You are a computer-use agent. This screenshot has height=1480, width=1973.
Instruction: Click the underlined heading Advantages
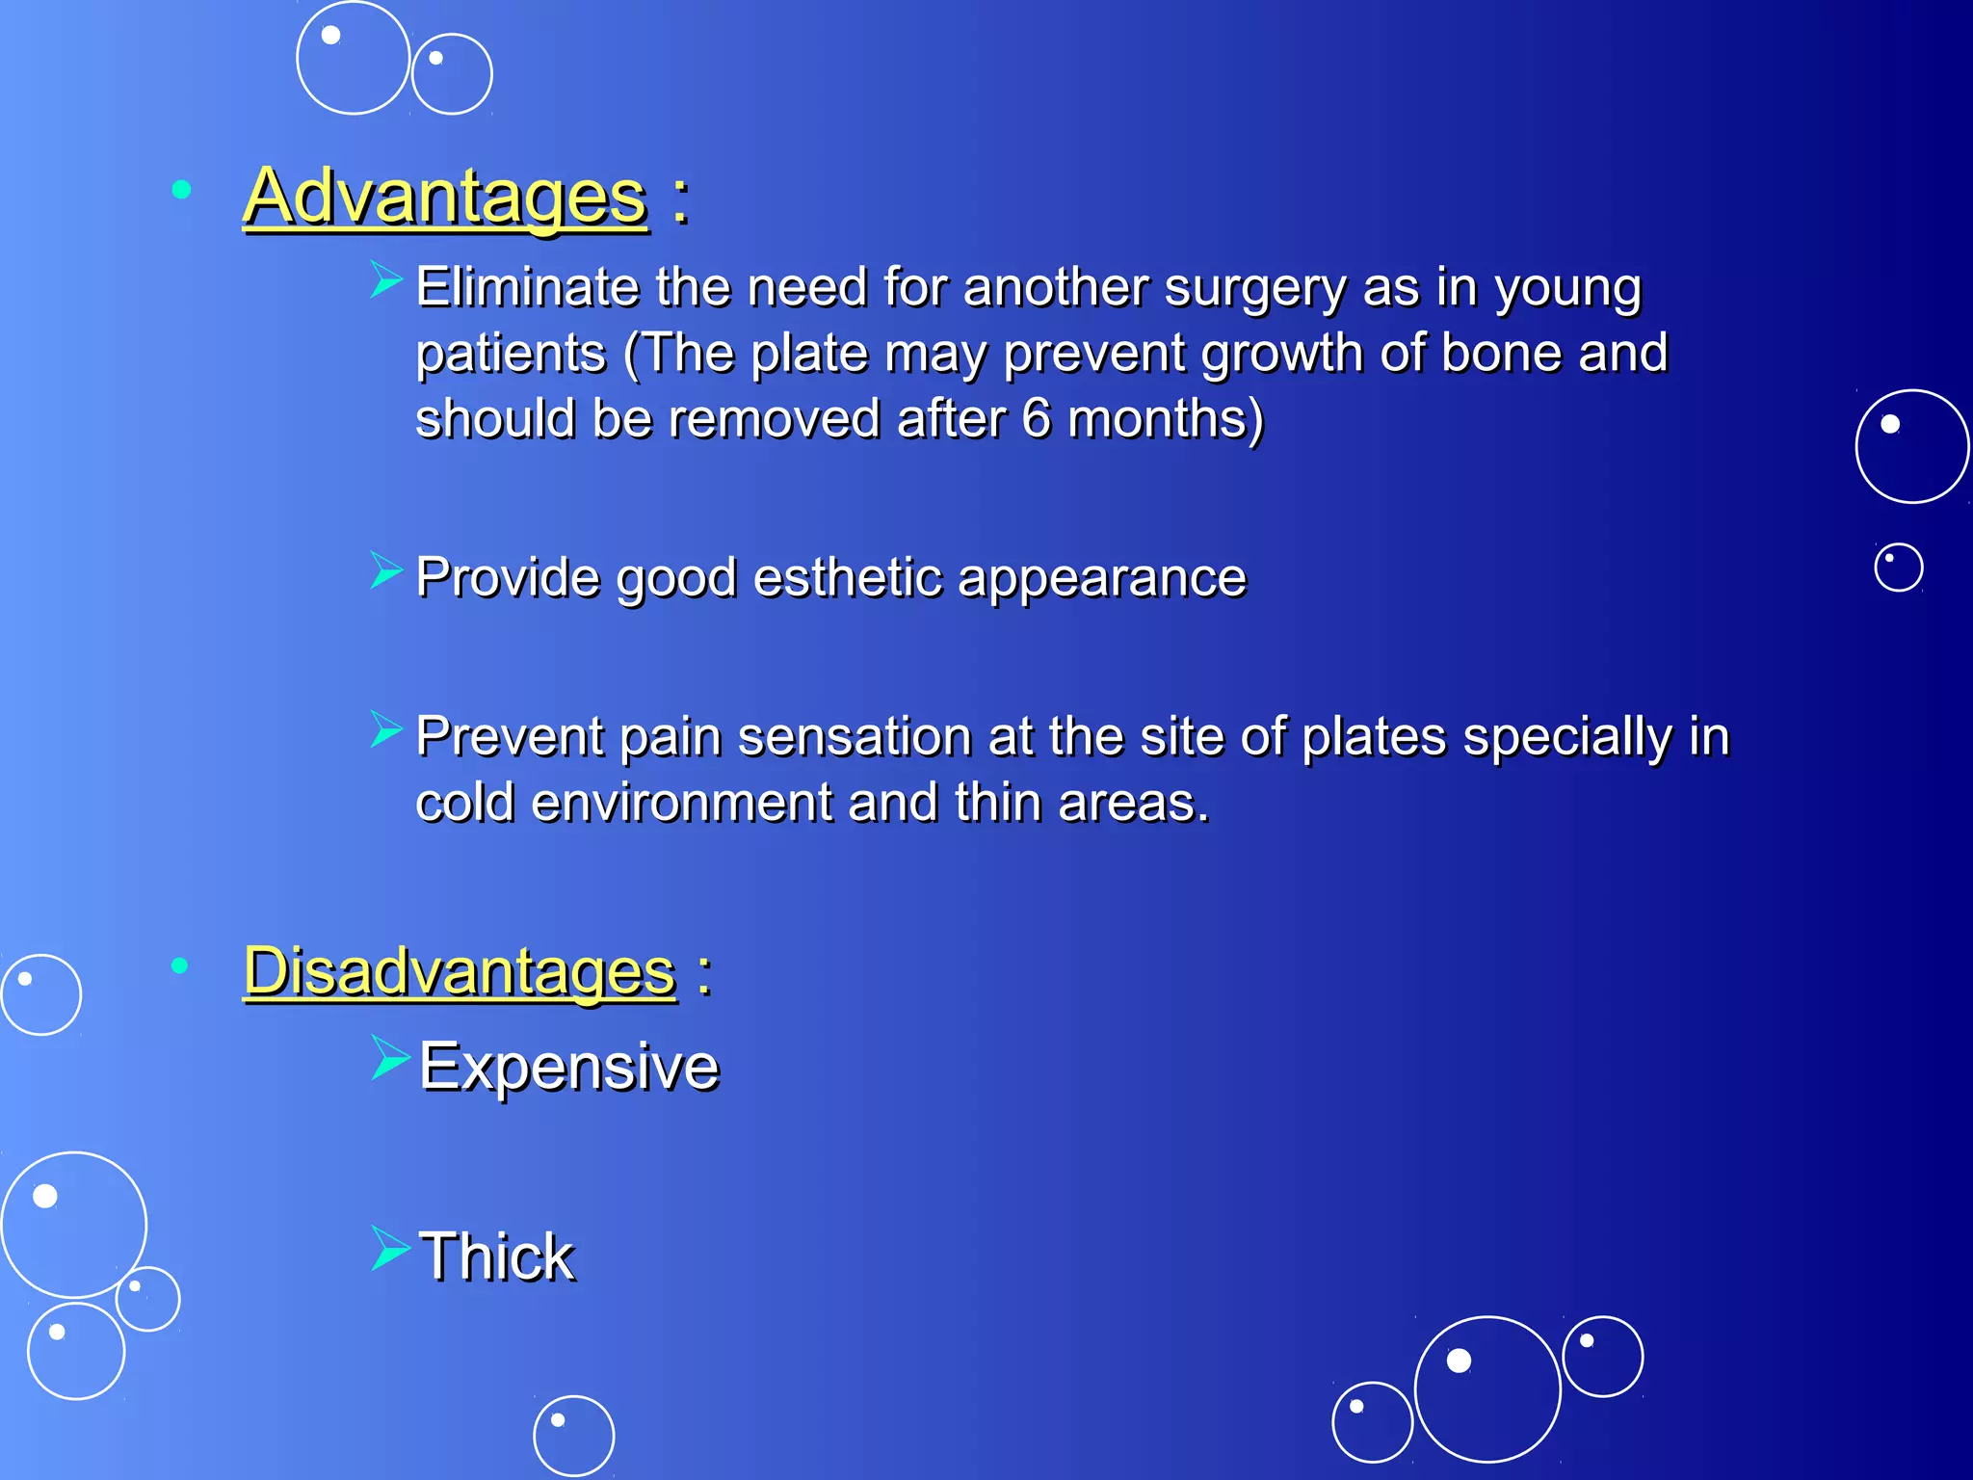(444, 197)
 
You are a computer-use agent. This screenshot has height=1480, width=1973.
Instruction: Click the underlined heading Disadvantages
(460, 970)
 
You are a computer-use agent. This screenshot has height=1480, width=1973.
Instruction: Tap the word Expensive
(568, 1067)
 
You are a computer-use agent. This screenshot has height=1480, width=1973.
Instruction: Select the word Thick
(496, 1256)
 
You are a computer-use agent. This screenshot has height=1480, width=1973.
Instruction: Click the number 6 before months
(1036, 418)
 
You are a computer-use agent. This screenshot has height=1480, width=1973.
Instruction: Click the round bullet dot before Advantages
(180, 189)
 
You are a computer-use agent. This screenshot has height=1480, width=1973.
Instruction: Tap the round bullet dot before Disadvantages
(179, 965)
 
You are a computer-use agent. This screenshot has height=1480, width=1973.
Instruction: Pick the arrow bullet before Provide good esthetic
(384, 569)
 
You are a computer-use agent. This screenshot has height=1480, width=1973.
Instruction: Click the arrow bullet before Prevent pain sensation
(384, 728)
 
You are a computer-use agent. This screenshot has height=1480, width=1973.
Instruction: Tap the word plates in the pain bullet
(1374, 736)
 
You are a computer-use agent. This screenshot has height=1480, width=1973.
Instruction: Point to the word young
(1567, 289)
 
